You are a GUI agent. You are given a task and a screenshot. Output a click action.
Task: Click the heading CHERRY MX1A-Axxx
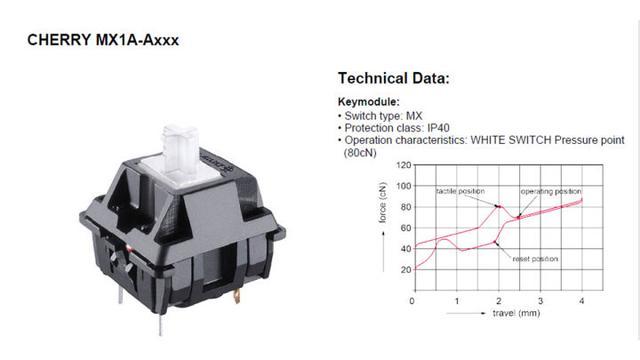103,40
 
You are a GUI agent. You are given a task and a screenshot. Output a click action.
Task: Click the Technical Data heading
393,78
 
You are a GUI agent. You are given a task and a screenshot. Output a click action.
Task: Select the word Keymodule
369,102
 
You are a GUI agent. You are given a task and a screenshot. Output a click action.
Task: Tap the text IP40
438,128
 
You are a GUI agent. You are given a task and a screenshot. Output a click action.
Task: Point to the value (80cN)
360,153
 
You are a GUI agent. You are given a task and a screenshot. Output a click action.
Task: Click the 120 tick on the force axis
404,165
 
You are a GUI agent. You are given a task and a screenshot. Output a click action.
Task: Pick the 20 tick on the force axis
406,269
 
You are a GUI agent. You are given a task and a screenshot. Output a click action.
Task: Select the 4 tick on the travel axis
582,301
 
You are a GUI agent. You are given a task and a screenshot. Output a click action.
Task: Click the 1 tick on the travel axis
457,301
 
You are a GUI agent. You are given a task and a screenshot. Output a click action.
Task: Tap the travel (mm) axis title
516,313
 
